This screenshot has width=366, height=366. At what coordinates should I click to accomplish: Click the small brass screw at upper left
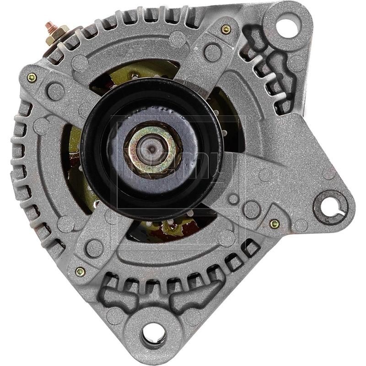click(x=32, y=77)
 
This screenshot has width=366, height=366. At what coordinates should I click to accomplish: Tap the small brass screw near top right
click(x=226, y=29)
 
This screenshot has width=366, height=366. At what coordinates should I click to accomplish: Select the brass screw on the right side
click(x=274, y=224)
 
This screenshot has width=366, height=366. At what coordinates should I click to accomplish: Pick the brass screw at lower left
click(x=80, y=272)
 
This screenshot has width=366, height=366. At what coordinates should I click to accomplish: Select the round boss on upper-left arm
click(x=55, y=91)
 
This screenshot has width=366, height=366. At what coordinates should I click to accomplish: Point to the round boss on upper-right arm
click(x=212, y=52)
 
